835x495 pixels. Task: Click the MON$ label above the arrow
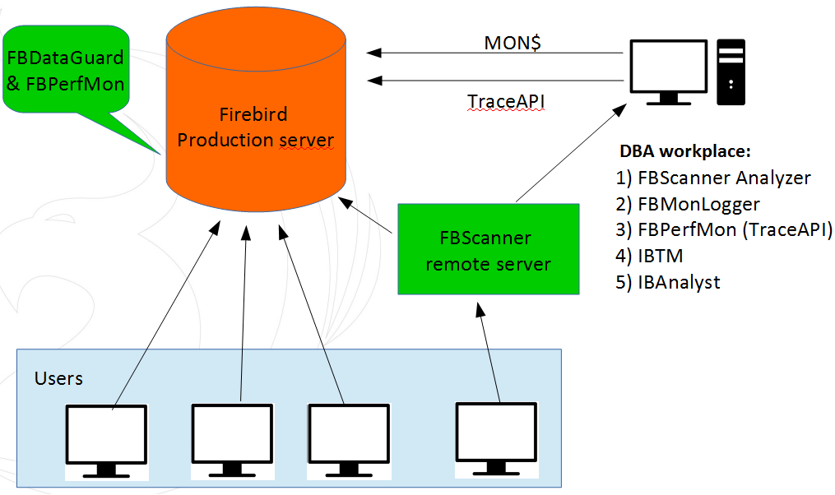pyautogui.click(x=511, y=43)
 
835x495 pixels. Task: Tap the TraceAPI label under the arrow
pyautogui.click(x=507, y=101)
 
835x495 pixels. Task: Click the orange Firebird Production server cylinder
pyautogui.click(x=256, y=115)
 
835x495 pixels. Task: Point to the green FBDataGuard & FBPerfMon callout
pyautogui.click(x=66, y=71)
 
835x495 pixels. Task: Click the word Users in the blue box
pyautogui.click(x=58, y=378)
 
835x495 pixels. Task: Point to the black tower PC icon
pyautogui.click(x=731, y=72)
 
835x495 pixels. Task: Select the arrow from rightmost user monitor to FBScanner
pyautogui.click(x=487, y=353)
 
